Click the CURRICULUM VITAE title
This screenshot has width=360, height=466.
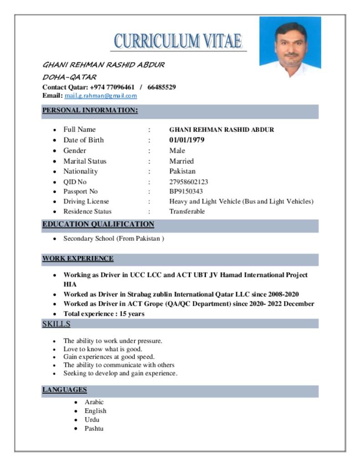(x=177, y=41)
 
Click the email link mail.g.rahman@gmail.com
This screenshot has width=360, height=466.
(x=101, y=96)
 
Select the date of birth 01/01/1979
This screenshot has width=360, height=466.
(x=187, y=140)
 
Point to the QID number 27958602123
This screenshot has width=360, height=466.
(x=189, y=182)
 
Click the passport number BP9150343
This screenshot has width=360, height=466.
(x=186, y=192)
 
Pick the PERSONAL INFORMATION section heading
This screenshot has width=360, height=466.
(x=90, y=111)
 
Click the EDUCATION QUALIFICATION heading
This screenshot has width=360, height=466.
(x=98, y=224)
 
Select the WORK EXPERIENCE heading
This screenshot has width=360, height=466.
(x=78, y=258)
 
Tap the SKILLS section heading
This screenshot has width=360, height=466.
(x=56, y=324)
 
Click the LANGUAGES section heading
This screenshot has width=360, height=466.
(x=65, y=390)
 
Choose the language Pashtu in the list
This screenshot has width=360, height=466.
(x=94, y=429)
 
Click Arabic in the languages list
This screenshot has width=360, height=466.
(x=94, y=402)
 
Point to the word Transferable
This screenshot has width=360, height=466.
(x=187, y=212)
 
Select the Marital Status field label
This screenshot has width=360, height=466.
(x=85, y=161)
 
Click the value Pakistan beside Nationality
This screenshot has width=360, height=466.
(x=183, y=172)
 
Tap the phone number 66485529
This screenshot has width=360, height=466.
(x=162, y=87)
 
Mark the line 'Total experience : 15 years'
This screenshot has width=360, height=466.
(x=104, y=314)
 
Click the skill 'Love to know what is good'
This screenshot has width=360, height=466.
(x=103, y=349)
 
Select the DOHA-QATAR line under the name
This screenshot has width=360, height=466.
(x=69, y=77)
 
